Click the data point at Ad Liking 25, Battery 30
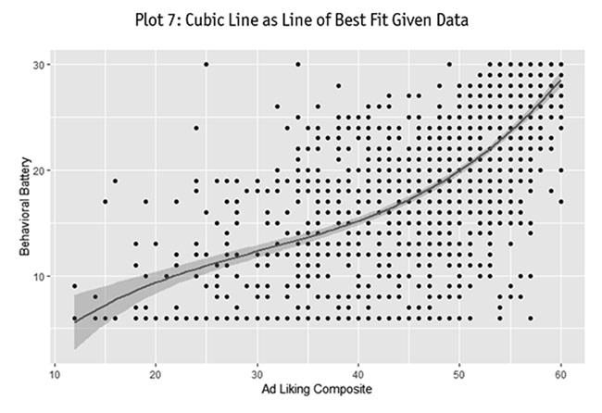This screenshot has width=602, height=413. (x=207, y=65)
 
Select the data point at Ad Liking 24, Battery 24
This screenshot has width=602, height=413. (x=196, y=128)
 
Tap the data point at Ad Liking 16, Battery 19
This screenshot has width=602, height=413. (x=115, y=181)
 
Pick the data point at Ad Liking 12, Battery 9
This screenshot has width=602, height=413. (x=75, y=286)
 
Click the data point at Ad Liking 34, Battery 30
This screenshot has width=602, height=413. (x=297, y=65)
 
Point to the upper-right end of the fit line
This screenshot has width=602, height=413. (x=560, y=81)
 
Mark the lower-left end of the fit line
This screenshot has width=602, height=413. (x=75, y=321)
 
